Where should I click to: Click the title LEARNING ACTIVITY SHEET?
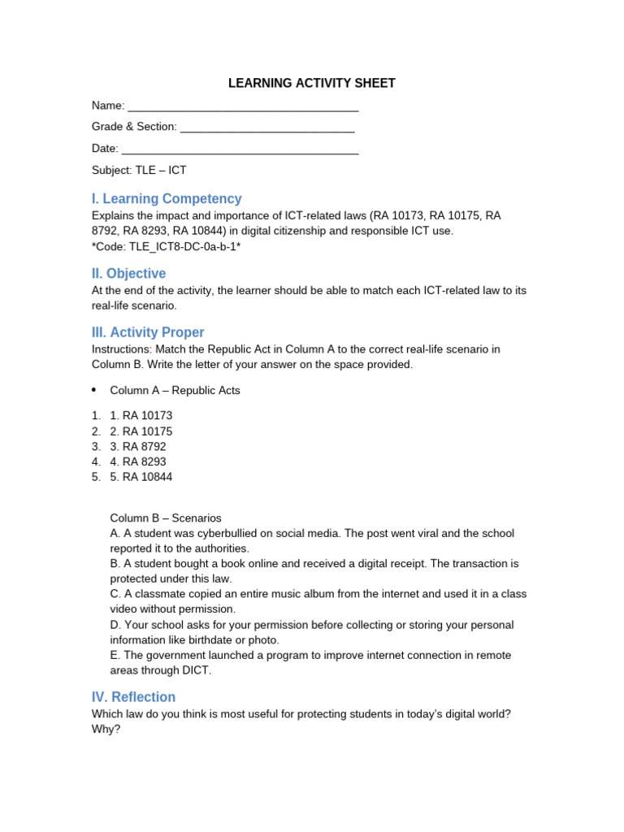(x=312, y=83)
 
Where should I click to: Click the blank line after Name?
(x=243, y=107)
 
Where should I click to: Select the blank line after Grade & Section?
(x=267, y=128)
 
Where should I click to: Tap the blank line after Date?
(x=240, y=150)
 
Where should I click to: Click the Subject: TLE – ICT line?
(x=139, y=170)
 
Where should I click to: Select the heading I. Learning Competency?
(x=167, y=198)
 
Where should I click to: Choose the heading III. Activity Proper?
(x=147, y=332)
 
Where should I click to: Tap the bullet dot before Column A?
(x=94, y=390)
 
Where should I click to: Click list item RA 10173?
(x=141, y=415)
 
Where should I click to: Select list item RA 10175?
(x=141, y=431)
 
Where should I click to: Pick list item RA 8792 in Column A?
(x=137, y=446)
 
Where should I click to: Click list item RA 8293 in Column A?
(x=137, y=461)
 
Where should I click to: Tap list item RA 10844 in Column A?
(x=141, y=477)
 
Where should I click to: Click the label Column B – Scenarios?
(x=166, y=518)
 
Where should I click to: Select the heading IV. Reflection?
(x=133, y=697)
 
